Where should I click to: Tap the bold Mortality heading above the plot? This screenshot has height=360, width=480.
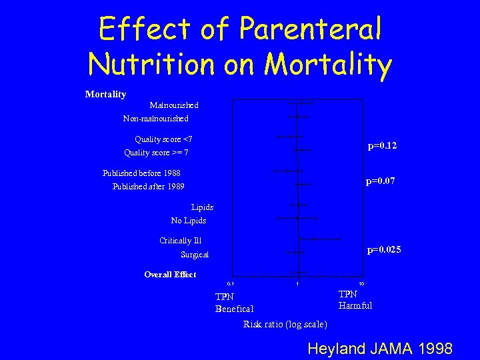point(105,94)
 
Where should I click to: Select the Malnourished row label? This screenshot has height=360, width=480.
point(174,105)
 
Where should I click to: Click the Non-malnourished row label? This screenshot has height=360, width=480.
point(156,119)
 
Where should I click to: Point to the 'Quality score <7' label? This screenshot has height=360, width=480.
point(163,139)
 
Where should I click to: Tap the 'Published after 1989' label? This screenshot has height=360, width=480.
point(149,187)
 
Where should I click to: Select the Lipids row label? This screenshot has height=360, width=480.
point(202,207)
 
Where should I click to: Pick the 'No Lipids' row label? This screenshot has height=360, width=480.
point(189,221)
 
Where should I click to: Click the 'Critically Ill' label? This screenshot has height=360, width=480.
point(181,241)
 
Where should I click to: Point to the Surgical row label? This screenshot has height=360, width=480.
point(195,255)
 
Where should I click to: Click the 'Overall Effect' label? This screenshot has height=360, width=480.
point(170,275)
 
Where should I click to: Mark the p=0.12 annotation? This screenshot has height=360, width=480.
point(383,145)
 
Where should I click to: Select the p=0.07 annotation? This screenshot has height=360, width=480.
point(381,180)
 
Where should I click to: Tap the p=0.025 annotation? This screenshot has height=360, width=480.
point(384,250)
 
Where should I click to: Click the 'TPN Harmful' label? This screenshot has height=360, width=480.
point(355,300)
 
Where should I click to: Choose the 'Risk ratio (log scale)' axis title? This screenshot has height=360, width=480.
point(285,325)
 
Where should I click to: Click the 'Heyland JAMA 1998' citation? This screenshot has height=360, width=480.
point(379,349)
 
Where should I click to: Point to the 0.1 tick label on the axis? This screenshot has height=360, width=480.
point(231,283)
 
